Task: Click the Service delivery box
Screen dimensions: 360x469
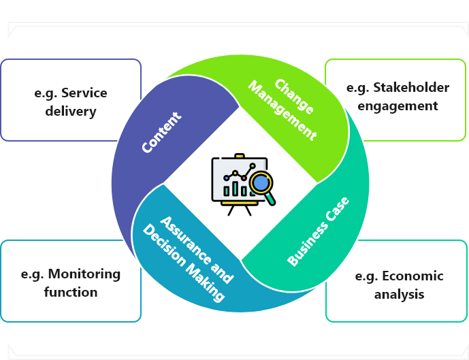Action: [x=71, y=101]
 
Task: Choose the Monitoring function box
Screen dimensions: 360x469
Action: [x=71, y=282]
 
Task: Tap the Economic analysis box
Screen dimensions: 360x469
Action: [x=399, y=284]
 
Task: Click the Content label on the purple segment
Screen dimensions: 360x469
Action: [x=161, y=133]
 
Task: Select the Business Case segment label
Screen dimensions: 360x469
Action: [x=319, y=231]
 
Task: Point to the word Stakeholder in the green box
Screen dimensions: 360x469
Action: [x=409, y=88]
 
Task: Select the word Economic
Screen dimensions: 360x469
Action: [x=413, y=276]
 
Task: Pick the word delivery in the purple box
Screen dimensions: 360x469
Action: [x=71, y=110]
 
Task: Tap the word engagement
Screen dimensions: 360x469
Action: [x=398, y=105]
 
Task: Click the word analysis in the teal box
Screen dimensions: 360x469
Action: [x=399, y=294]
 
